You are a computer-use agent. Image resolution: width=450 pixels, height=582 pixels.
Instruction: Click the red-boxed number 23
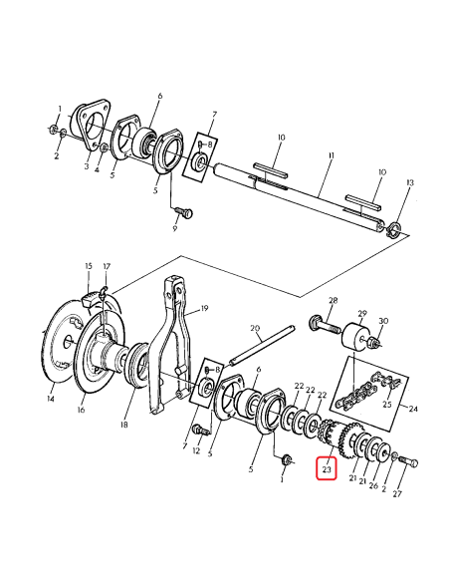[x=326, y=466]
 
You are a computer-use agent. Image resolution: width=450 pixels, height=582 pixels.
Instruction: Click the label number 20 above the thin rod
[x=254, y=328]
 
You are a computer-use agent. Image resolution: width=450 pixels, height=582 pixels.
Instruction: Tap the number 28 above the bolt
[x=333, y=300]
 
